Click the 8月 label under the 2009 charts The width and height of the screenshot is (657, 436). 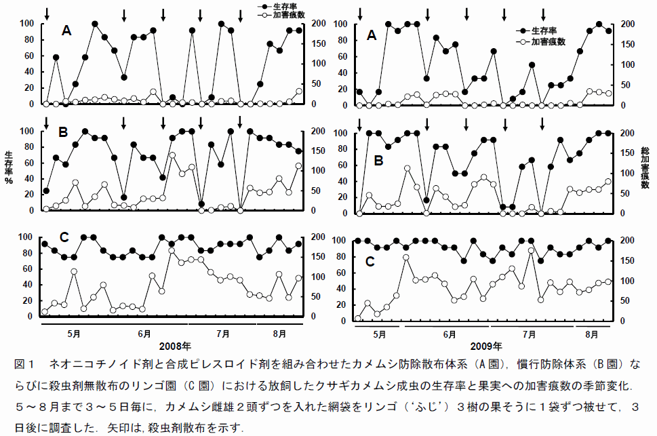pos(591,335)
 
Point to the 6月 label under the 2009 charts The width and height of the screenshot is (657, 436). pos(449,335)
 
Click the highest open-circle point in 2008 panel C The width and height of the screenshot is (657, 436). pos(172,251)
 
